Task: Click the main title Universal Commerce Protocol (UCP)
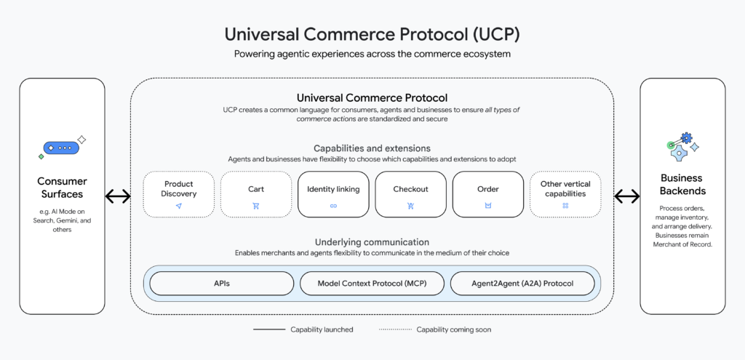coord(372,34)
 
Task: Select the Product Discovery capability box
coord(178,194)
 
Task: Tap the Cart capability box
coord(255,194)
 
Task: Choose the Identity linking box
coord(333,194)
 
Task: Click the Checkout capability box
coord(410,194)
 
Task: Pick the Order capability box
coord(487,194)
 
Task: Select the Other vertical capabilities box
coord(565,194)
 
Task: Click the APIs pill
coord(222,283)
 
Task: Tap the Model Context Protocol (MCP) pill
coord(372,283)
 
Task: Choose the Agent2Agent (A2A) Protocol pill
coord(522,283)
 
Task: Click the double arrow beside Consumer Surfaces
coord(118,196)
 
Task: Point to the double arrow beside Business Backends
coord(626,196)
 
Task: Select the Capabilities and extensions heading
coord(372,148)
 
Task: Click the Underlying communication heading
coord(372,241)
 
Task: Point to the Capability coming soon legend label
coord(453,329)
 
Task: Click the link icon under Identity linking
coord(333,206)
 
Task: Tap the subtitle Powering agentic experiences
coord(372,54)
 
